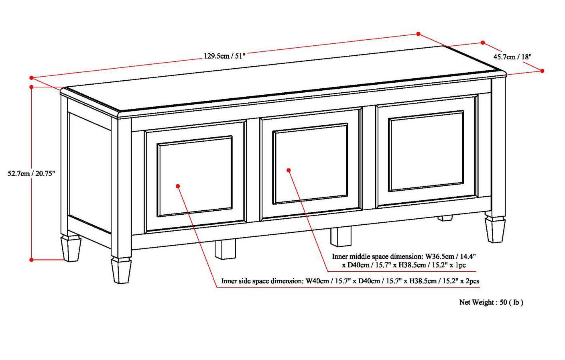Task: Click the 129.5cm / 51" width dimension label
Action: point(224,56)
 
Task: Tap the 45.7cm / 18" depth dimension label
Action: point(512,57)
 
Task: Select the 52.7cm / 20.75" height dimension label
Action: point(31,173)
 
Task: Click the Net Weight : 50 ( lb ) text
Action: point(491,302)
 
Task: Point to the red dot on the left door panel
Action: point(178,186)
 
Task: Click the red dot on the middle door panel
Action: point(289,170)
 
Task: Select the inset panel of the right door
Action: point(426,152)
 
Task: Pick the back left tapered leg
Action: point(70,248)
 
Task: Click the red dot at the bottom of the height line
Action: point(32,260)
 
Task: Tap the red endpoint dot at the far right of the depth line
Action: point(542,71)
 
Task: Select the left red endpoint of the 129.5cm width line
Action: point(31,78)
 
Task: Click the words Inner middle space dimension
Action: point(377,256)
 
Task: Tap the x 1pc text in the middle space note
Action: point(457,265)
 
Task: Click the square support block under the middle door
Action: point(341,236)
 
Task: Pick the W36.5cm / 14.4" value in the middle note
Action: point(450,256)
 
